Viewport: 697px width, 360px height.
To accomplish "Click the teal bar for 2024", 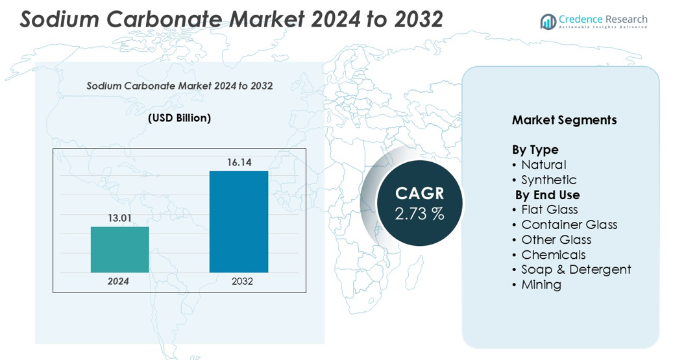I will pos(119,250).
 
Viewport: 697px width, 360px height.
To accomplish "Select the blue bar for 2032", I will pos(238,222).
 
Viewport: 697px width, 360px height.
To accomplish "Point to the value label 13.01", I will pos(119,218).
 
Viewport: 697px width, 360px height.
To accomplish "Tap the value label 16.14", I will pos(239,162).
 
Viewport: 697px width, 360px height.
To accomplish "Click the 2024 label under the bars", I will pos(118,282).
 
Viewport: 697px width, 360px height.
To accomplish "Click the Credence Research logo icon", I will pos(548,21).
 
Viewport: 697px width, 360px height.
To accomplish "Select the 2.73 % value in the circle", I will pos(419,214).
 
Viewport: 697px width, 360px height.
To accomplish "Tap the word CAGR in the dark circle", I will pos(419,193).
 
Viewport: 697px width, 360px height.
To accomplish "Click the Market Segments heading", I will pos(564,120).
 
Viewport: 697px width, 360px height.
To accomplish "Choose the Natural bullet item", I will pos(543,165).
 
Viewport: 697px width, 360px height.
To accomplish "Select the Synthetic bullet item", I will pos(548,180).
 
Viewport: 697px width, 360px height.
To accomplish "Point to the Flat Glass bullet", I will pos(549,210).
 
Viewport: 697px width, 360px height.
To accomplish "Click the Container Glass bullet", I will pos(569,224).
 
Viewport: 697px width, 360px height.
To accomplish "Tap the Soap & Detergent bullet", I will pos(576,269).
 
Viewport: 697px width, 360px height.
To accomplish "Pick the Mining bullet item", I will pos(541,284).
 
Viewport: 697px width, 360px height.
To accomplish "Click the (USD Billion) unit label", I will pos(179,118).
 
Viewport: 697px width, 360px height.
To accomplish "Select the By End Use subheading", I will pos(547,195).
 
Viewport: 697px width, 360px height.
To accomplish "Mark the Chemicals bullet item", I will pos(553,254).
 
